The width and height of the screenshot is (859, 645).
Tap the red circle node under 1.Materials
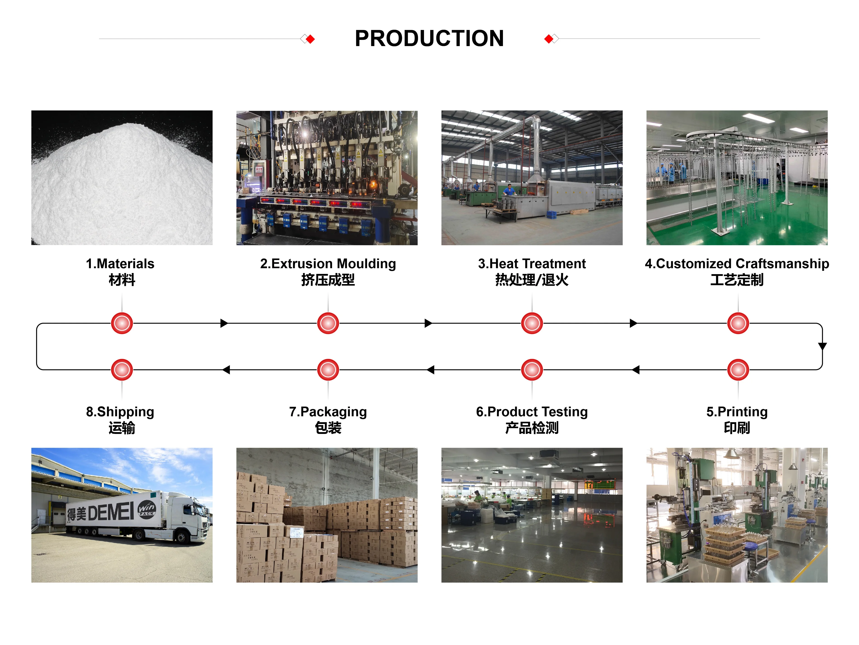[122, 323]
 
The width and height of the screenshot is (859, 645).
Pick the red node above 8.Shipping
[122, 370]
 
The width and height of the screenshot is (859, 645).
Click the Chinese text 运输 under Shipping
[122, 428]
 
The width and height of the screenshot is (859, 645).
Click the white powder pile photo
[122, 177]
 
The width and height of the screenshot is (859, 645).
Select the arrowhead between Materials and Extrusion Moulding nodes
[224, 323]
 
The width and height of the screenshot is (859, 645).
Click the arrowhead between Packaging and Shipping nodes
[226, 370]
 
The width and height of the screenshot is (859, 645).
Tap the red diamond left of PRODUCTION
[310, 39]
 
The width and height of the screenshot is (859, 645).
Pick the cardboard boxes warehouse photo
[327, 515]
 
